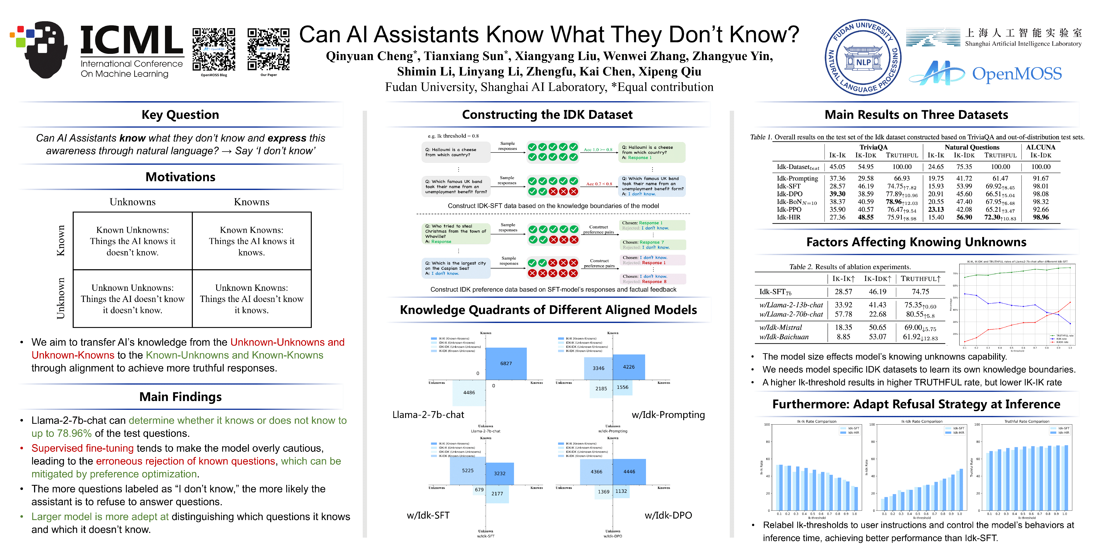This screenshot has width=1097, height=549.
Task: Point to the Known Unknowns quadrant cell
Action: click(x=132, y=241)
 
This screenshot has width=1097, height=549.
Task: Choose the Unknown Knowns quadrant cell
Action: click(x=252, y=299)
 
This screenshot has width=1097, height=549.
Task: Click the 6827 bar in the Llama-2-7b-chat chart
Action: click(x=506, y=363)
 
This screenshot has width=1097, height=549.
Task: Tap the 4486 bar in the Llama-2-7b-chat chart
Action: click(x=469, y=393)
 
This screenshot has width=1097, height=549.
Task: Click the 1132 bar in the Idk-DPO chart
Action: click(x=621, y=492)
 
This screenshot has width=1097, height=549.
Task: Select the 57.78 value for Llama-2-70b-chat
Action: click(x=843, y=314)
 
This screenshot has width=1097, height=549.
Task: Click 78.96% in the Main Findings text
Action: click(x=75, y=433)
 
